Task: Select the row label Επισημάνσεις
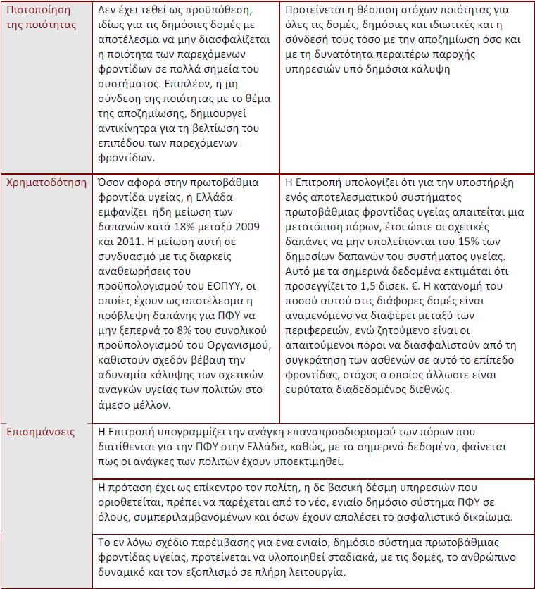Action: click(40, 432)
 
